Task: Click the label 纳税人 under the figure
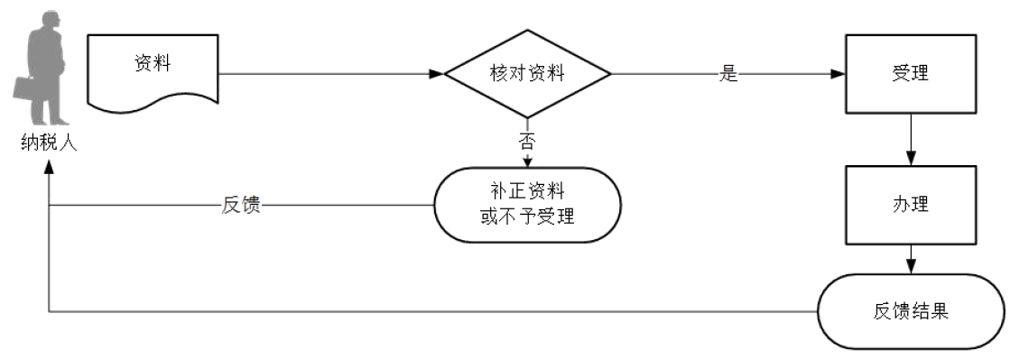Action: [x=49, y=143]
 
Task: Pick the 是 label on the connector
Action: [x=728, y=75]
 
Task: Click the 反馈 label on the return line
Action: [x=241, y=205]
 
